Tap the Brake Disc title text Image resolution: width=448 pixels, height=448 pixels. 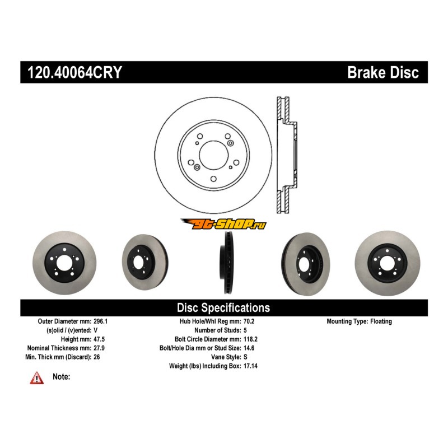coord(382,73)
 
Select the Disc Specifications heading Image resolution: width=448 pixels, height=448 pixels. coord(223,307)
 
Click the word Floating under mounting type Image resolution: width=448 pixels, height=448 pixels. coord(381,321)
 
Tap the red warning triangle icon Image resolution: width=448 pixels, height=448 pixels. coord(36,379)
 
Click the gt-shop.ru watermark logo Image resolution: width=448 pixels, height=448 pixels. coord(223,225)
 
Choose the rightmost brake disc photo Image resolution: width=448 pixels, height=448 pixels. coord(387,261)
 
